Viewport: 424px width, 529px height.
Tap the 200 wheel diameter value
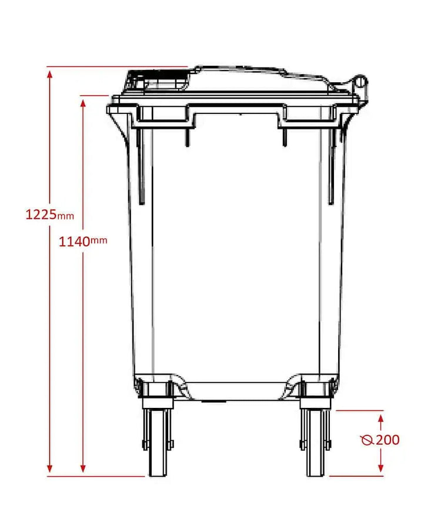point(388,440)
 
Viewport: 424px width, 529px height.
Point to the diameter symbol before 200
point(368,440)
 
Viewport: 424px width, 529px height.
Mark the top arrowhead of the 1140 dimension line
point(84,102)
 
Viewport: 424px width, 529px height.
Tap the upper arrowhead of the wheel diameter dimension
point(381,417)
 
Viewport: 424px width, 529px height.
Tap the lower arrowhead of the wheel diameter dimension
point(381,468)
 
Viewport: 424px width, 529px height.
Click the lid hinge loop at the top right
point(359,82)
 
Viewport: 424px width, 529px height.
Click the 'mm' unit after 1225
point(66,216)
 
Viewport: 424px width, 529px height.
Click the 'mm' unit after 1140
point(99,240)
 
